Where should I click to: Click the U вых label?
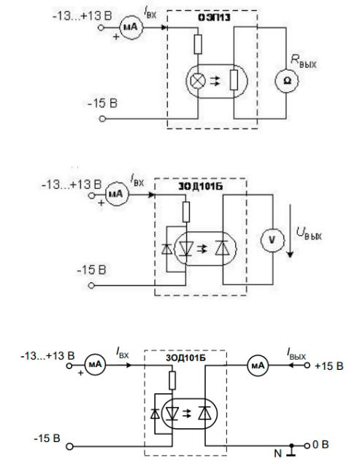(310, 236)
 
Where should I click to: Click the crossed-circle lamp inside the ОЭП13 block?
(198, 80)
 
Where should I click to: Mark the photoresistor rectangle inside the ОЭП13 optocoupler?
(234, 80)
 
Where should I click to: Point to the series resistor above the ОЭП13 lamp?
(198, 44)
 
